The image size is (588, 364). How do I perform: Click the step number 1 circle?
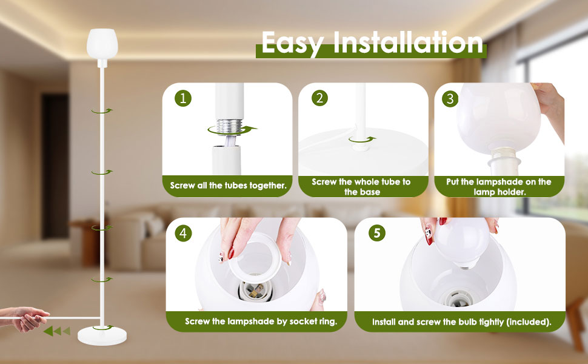tap(183, 98)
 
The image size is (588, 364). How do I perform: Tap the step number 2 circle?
tap(319, 98)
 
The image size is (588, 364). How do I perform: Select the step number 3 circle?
tap(450, 99)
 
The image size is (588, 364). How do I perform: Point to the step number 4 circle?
tap(183, 234)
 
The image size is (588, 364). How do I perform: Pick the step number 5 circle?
tap(377, 233)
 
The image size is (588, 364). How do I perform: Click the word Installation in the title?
tap(408, 42)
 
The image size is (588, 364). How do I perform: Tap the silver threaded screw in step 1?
tap(229, 126)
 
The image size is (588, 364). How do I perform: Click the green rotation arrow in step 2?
tap(362, 140)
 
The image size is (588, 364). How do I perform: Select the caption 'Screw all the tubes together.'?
tap(228, 186)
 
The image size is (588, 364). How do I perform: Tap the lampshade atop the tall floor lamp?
tap(102, 43)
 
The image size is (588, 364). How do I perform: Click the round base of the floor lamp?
tap(102, 335)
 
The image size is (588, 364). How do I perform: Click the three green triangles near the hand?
tap(57, 331)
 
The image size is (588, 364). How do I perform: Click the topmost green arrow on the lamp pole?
tap(102, 110)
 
